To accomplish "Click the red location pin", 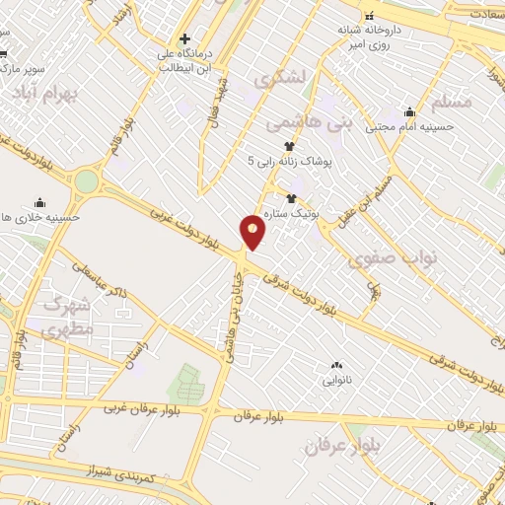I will (253, 231).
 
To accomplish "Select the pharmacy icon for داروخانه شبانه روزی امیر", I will (371, 16).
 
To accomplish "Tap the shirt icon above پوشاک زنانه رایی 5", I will (288, 145).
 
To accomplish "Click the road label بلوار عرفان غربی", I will (157, 407).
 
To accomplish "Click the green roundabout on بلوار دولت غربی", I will (88, 181).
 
